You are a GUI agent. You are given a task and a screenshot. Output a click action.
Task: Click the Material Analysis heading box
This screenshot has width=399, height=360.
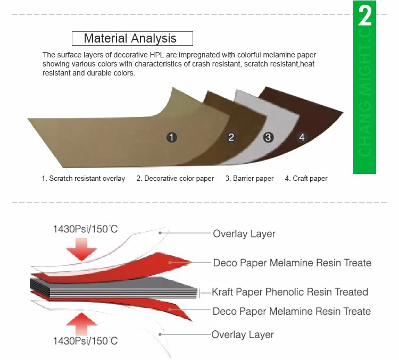[132, 38]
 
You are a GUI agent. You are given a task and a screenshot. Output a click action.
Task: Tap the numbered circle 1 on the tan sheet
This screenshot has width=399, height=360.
[171, 137]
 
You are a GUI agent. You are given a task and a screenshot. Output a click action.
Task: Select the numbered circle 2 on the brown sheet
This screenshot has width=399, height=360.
[231, 137]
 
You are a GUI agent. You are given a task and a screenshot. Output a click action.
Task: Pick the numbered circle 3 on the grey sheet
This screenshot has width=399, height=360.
[268, 137]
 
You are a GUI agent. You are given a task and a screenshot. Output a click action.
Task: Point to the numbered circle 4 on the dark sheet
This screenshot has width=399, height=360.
[302, 137]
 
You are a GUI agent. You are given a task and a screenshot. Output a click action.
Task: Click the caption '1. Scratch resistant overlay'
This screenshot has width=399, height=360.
[84, 179]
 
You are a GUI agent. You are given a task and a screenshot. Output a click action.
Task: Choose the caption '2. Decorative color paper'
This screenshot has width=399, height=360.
[175, 179]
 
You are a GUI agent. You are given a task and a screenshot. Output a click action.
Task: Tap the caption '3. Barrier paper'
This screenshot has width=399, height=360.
[249, 179]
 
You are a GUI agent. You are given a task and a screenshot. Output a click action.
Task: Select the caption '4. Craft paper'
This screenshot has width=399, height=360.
[306, 179]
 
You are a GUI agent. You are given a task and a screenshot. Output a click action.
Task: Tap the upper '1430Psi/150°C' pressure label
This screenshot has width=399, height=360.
[85, 230]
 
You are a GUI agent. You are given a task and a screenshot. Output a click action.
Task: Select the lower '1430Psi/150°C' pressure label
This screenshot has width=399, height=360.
[85, 341]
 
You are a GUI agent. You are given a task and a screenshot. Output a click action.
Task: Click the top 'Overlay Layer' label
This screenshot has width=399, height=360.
[244, 233]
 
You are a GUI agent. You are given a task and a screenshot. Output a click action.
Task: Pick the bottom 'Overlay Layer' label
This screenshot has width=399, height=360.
[243, 334]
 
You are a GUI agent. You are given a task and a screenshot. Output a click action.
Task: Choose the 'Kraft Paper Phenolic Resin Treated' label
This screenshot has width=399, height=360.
[290, 292]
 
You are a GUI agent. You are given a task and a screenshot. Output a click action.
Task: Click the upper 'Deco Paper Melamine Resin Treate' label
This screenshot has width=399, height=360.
[292, 263]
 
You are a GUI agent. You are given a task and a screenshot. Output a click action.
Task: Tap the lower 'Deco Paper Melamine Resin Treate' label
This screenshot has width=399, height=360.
[292, 311]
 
